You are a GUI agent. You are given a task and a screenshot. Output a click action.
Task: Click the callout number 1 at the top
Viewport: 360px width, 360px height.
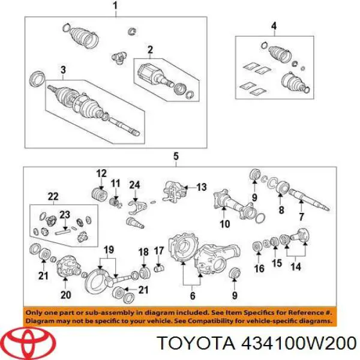pos(115,6)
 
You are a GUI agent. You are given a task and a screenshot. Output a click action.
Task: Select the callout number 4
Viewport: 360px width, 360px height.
pos(274,26)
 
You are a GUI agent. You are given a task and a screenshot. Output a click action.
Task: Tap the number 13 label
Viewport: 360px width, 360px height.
pos(202,187)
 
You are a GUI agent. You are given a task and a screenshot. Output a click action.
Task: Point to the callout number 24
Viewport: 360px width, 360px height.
pos(134,185)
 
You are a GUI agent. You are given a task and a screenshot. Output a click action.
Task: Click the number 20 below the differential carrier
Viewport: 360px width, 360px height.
pos(65,295)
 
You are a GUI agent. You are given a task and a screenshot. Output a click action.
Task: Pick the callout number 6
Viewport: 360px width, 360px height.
pos(193,295)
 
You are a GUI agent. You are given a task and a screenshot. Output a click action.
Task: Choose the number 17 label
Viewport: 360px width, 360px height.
pos(158,251)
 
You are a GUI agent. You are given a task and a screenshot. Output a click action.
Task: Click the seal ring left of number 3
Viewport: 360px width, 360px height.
pos(37,79)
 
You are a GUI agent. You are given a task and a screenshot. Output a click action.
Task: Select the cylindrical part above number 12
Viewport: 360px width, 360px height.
pos(100,195)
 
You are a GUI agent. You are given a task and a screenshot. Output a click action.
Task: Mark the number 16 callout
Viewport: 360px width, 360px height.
pos(259,268)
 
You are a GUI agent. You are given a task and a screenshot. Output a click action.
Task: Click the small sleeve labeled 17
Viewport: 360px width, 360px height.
pos(159,268)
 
